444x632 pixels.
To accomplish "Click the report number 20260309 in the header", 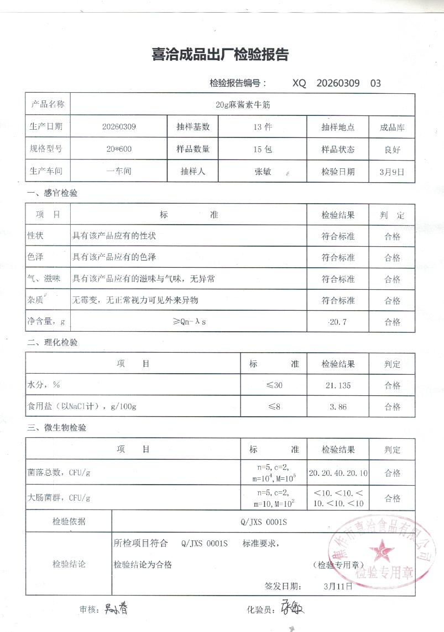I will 338,83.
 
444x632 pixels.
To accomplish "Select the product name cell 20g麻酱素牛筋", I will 243,104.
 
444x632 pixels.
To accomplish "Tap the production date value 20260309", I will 119,126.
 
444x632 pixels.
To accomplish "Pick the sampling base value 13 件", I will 263,126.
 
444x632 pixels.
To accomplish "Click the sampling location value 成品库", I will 392,127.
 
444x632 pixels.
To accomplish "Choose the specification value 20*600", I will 119,149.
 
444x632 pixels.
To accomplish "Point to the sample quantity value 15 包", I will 263,149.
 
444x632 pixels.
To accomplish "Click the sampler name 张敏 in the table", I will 263,171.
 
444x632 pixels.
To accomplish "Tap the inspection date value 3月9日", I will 392,172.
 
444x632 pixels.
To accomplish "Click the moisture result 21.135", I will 338,385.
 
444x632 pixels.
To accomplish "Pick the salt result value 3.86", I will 338,407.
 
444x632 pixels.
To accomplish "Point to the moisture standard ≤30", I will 275,385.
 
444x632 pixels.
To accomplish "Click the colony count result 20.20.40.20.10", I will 338,473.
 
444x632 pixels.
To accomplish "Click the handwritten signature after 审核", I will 116,609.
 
